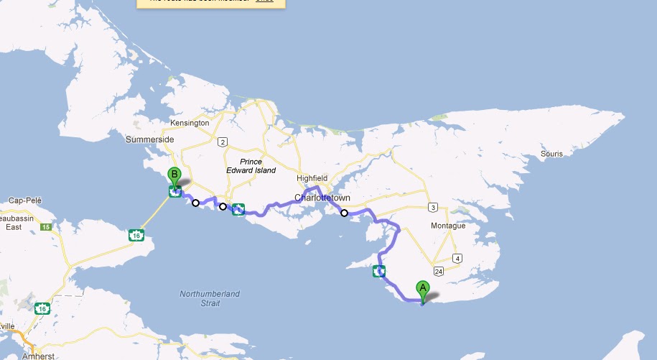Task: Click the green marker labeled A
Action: (423, 290)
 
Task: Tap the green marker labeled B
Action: (173, 175)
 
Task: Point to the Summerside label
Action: (149, 139)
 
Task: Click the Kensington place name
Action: (190, 123)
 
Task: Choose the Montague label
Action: (448, 226)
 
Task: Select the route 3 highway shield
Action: (432, 208)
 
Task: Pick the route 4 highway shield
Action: (457, 259)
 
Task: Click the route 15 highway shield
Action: (46, 227)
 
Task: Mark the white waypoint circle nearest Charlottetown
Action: (344, 213)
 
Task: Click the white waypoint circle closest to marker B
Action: (195, 203)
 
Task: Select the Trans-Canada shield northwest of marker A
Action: (379, 271)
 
